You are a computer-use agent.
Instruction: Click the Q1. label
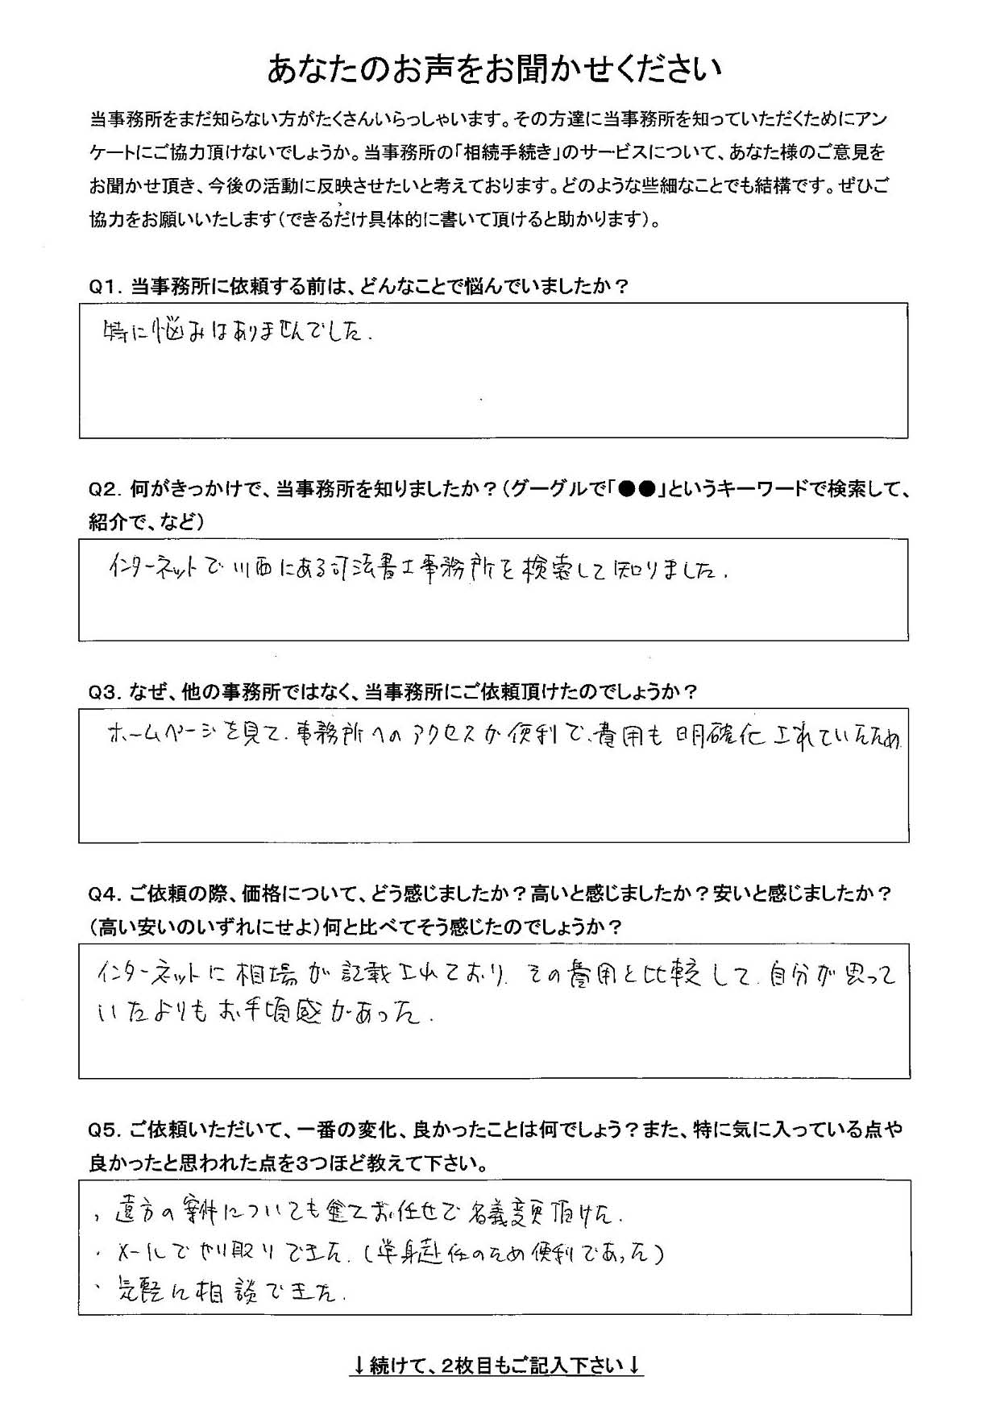click(105, 286)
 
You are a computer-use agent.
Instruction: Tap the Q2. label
click(105, 489)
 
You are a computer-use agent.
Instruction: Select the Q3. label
click(105, 692)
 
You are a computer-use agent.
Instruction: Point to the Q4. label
click(105, 894)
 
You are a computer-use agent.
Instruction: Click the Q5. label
click(105, 1130)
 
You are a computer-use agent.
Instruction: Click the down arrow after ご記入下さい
click(634, 1365)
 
